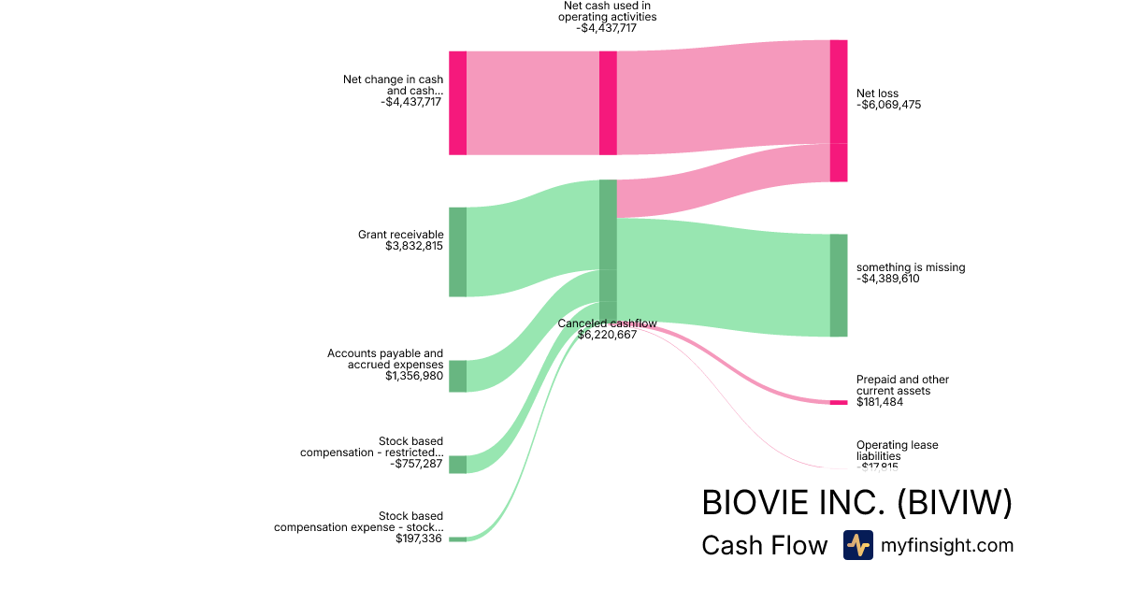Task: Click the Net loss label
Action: point(877,93)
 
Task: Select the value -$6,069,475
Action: point(888,105)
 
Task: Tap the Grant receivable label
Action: point(400,235)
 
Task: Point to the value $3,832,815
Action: point(414,246)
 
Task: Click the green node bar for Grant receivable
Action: point(457,251)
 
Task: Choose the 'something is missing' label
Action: point(911,267)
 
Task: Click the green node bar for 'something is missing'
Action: point(839,285)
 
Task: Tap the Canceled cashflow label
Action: point(608,323)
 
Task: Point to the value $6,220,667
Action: point(608,334)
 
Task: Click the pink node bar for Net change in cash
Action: point(457,103)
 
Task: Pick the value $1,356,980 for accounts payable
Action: point(414,376)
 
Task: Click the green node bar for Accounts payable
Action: point(457,376)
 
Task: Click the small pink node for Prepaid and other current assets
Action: point(839,402)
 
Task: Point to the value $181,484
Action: point(880,402)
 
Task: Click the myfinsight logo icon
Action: point(857,545)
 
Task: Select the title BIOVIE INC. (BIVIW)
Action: point(856,503)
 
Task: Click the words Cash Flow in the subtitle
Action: point(764,546)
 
